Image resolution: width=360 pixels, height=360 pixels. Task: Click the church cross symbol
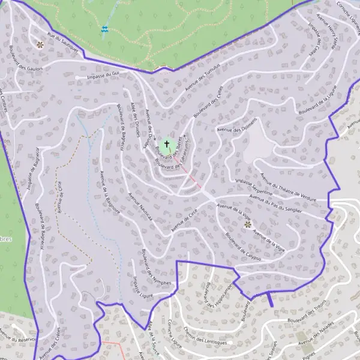point(167,145)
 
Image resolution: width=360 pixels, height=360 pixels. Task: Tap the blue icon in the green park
point(106,28)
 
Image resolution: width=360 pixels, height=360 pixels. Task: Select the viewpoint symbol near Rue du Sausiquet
point(40,44)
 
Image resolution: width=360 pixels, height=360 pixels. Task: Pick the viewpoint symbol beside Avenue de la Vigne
point(248,224)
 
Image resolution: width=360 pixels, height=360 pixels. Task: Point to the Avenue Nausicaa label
point(140,211)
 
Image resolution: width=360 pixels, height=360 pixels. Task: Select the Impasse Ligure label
point(143,287)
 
